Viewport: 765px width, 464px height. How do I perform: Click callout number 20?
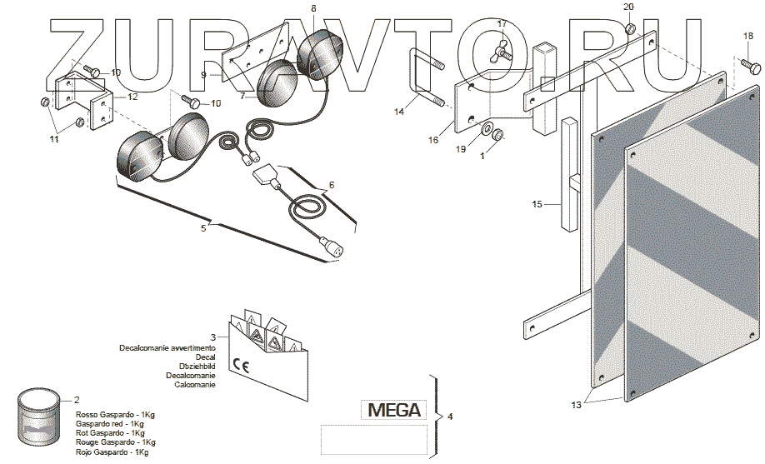(x=628, y=7)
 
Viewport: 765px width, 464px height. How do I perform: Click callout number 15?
(x=537, y=202)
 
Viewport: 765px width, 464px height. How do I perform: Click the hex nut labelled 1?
(x=494, y=134)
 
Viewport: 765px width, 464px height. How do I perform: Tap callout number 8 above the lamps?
(x=313, y=8)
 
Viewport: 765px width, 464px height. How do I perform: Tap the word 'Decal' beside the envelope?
(x=205, y=357)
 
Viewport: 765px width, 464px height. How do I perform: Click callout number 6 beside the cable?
(x=332, y=185)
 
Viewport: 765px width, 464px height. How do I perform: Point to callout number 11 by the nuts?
(x=53, y=140)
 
